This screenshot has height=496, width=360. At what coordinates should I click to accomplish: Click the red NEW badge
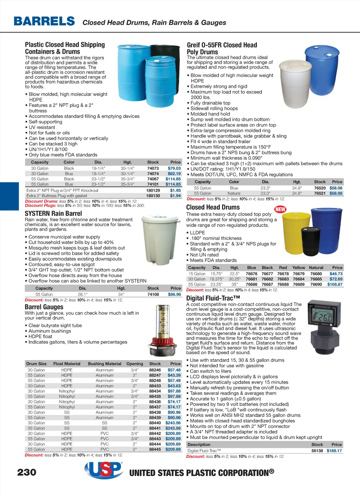point(280,209)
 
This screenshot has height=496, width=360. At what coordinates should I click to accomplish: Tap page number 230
point(27,472)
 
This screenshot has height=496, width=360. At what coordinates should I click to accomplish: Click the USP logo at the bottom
point(104,470)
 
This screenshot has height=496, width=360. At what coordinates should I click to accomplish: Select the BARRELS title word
point(44,21)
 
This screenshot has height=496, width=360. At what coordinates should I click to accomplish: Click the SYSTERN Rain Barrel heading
point(53,214)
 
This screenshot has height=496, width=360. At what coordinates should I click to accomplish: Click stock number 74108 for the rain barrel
point(153,294)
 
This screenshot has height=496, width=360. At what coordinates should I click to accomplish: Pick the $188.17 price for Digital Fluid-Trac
point(334,451)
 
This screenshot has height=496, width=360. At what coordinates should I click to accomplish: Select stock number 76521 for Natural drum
point(320,194)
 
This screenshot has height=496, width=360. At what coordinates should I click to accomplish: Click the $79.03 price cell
point(174,168)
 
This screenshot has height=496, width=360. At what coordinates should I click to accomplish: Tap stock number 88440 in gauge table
point(155,423)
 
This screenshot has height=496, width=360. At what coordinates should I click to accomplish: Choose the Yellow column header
point(298,268)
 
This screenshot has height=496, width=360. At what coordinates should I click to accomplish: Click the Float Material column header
point(67,364)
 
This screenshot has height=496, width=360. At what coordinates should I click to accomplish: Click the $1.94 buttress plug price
point(175,196)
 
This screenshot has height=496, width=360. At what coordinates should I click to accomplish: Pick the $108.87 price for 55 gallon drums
point(335,285)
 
